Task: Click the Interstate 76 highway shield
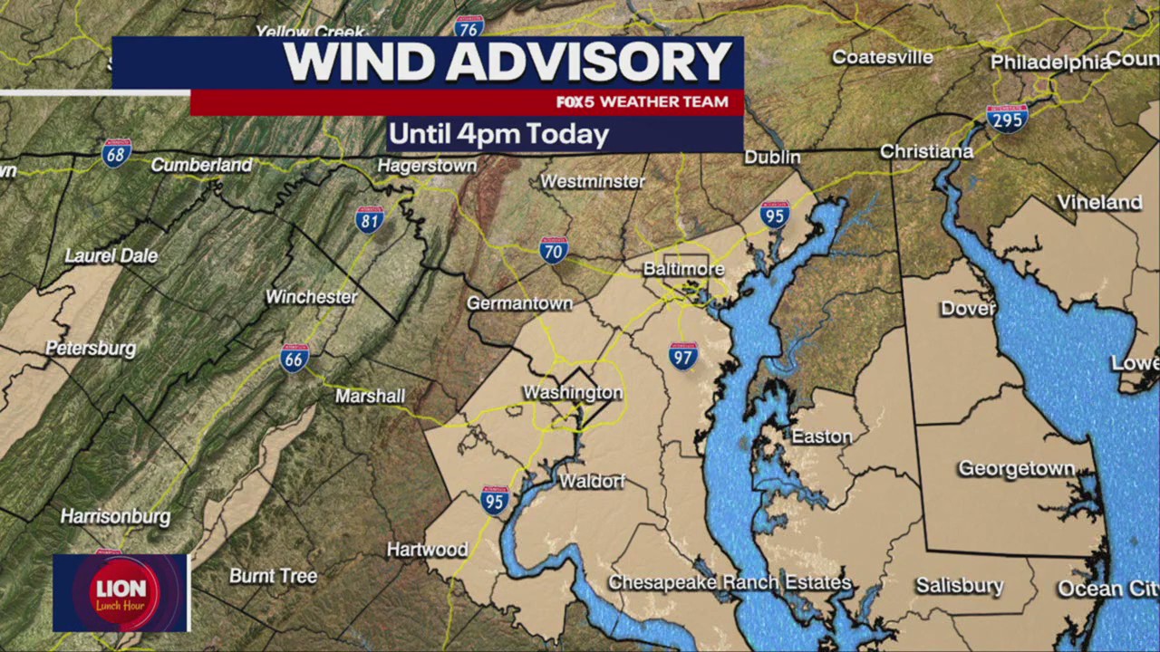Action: pyautogui.click(x=469, y=26)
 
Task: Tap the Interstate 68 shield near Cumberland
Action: pyautogui.click(x=116, y=153)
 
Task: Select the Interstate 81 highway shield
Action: pyautogui.click(x=370, y=219)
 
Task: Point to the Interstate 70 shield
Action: pyautogui.click(x=554, y=249)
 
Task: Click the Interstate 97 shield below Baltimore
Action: pyautogui.click(x=683, y=355)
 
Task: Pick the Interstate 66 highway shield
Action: pyautogui.click(x=295, y=359)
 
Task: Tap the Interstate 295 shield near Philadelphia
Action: pyautogui.click(x=1007, y=119)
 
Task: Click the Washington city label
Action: pyautogui.click(x=573, y=393)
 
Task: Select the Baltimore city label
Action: pyautogui.click(x=683, y=270)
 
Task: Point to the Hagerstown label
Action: pyautogui.click(x=427, y=167)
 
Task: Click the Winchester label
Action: pyautogui.click(x=311, y=297)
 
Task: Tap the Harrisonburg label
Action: pyautogui.click(x=115, y=517)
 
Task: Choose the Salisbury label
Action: pyautogui.click(x=959, y=586)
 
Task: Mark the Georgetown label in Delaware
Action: pyautogui.click(x=1016, y=469)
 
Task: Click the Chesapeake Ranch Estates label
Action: pyautogui.click(x=730, y=582)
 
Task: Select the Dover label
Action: pyautogui.click(x=967, y=309)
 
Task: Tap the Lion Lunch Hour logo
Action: pyautogui.click(x=121, y=592)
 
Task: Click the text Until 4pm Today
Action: pyautogui.click(x=498, y=135)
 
